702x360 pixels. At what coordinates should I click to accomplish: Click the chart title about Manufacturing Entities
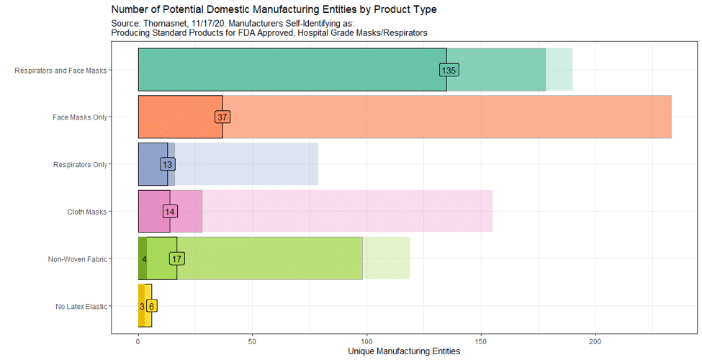click(x=274, y=9)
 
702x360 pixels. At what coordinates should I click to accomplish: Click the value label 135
click(x=449, y=70)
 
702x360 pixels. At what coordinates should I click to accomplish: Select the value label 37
click(x=222, y=117)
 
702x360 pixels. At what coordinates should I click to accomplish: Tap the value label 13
click(x=167, y=164)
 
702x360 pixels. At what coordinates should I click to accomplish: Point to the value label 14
click(x=170, y=212)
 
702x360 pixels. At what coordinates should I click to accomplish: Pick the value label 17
click(x=176, y=258)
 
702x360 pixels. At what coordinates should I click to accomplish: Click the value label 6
click(x=151, y=306)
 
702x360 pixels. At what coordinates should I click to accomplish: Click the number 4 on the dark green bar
click(x=144, y=258)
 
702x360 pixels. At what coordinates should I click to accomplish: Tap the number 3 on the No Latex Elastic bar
click(x=142, y=306)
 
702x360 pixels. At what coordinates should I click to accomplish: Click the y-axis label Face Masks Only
click(x=79, y=117)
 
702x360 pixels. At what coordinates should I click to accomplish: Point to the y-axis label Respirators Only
click(x=80, y=165)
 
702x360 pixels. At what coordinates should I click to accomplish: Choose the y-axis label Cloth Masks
click(x=87, y=212)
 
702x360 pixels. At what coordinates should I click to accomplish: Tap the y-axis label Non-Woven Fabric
click(x=77, y=259)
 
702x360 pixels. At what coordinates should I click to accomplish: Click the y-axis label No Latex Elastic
click(x=81, y=307)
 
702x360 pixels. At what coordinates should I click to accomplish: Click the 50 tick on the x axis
click(x=252, y=341)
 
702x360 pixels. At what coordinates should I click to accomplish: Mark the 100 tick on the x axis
click(x=366, y=341)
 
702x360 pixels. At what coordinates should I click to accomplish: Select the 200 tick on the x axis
click(x=595, y=341)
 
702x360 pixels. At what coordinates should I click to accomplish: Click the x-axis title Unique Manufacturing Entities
click(x=403, y=351)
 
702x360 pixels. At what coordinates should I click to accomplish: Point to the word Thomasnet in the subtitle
click(x=171, y=24)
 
